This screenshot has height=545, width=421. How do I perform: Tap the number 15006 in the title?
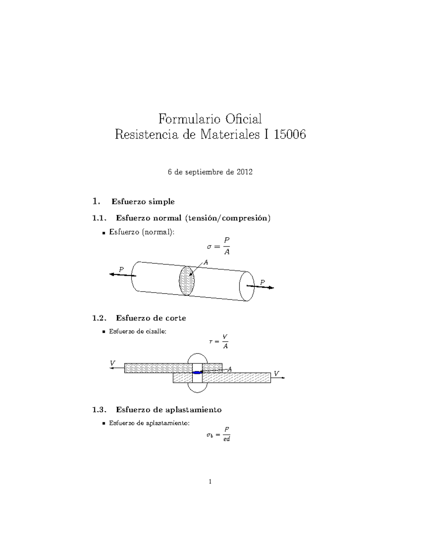point(290,135)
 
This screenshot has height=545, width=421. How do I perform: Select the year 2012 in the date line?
point(244,172)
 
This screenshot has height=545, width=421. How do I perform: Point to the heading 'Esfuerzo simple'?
point(143,202)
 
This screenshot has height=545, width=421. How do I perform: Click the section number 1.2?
point(99,318)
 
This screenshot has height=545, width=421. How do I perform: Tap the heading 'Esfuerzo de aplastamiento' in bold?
point(168,410)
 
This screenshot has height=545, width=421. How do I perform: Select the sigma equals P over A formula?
point(219,246)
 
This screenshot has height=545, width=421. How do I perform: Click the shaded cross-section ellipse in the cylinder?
point(187,280)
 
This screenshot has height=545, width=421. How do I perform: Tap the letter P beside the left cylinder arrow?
point(121,270)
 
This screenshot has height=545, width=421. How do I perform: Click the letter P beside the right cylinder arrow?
point(262,282)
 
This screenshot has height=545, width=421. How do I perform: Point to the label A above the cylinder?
point(206,262)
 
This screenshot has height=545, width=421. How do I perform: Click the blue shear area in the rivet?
point(198,372)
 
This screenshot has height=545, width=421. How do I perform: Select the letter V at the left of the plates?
point(112,363)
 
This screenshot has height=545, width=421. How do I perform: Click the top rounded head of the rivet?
point(198,358)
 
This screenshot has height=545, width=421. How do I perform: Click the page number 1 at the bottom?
point(210,481)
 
